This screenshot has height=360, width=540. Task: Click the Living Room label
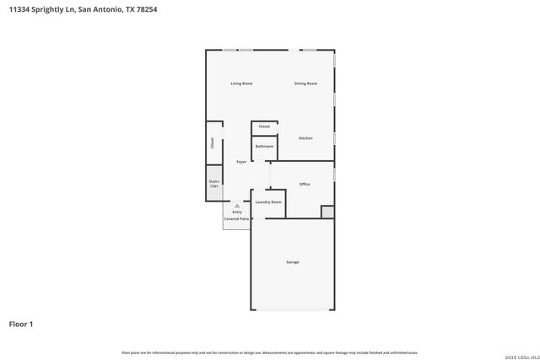point(242,83)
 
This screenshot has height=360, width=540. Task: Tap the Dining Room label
point(305,83)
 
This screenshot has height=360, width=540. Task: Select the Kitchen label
point(305,137)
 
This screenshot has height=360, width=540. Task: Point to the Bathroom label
point(264,147)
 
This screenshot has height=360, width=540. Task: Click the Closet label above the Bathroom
point(264,126)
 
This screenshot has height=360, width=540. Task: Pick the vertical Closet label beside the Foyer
point(212,143)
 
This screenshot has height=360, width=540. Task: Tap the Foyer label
point(240,161)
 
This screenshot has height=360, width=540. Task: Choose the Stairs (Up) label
point(214,183)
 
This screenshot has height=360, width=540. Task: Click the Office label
point(305,184)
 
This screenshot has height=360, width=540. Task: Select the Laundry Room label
point(268,202)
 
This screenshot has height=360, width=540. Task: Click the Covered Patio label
point(236,219)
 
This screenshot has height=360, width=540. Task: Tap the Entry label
point(237,212)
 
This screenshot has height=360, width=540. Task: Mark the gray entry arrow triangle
point(237,205)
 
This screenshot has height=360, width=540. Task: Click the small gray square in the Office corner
point(327,212)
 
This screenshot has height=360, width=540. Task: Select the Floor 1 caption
point(21,324)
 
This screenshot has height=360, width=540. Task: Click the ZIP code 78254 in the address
point(146,9)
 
